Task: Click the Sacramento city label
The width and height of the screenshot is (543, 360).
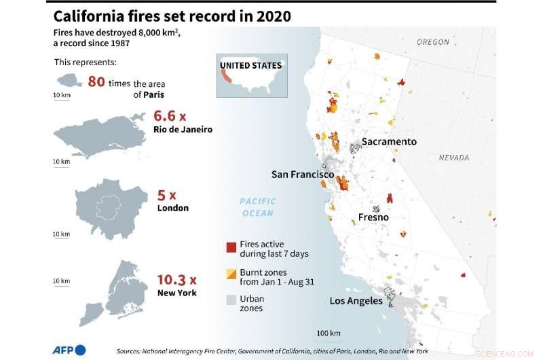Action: click(x=389, y=141)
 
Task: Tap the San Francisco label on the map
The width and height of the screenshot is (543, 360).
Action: click(x=303, y=175)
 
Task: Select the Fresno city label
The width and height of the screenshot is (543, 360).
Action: click(x=373, y=217)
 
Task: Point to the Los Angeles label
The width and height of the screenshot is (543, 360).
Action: click(x=356, y=301)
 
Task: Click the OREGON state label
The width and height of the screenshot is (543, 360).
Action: click(x=433, y=42)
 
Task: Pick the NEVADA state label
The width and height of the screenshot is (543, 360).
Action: click(x=454, y=158)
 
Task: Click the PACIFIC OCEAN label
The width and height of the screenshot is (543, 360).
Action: click(x=258, y=207)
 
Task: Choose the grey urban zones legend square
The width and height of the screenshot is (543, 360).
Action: click(x=230, y=300)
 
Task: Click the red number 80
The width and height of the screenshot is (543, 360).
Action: click(x=96, y=82)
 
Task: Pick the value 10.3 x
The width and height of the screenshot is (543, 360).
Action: click(x=176, y=280)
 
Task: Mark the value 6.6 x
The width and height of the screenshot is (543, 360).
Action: click(x=170, y=115)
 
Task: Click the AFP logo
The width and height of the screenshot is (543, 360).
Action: click(x=69, y=350)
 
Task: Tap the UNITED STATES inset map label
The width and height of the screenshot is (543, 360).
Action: click(x=250, y=66)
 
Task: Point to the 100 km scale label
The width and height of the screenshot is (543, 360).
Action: click(x=329, y=332)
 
